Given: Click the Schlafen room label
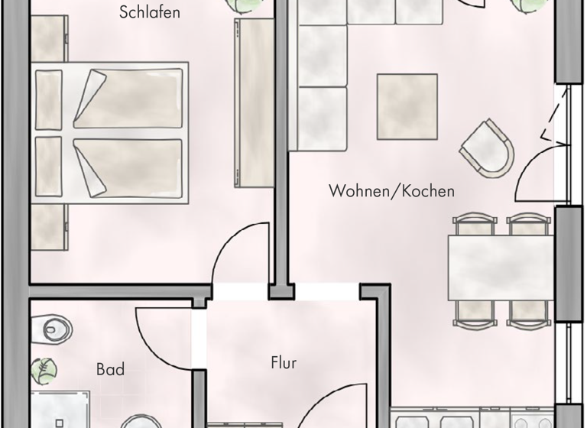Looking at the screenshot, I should (151, 12).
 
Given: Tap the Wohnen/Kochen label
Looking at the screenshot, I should (391, 190).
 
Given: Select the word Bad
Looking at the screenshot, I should (110, 370).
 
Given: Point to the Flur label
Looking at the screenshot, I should (284, 363).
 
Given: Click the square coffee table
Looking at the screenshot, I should (407, 106).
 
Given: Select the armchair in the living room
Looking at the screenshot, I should (488, 148).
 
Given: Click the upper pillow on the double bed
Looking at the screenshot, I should (48, 99).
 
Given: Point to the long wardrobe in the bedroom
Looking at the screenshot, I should (253, 103).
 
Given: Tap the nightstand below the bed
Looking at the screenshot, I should (49, 228).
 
